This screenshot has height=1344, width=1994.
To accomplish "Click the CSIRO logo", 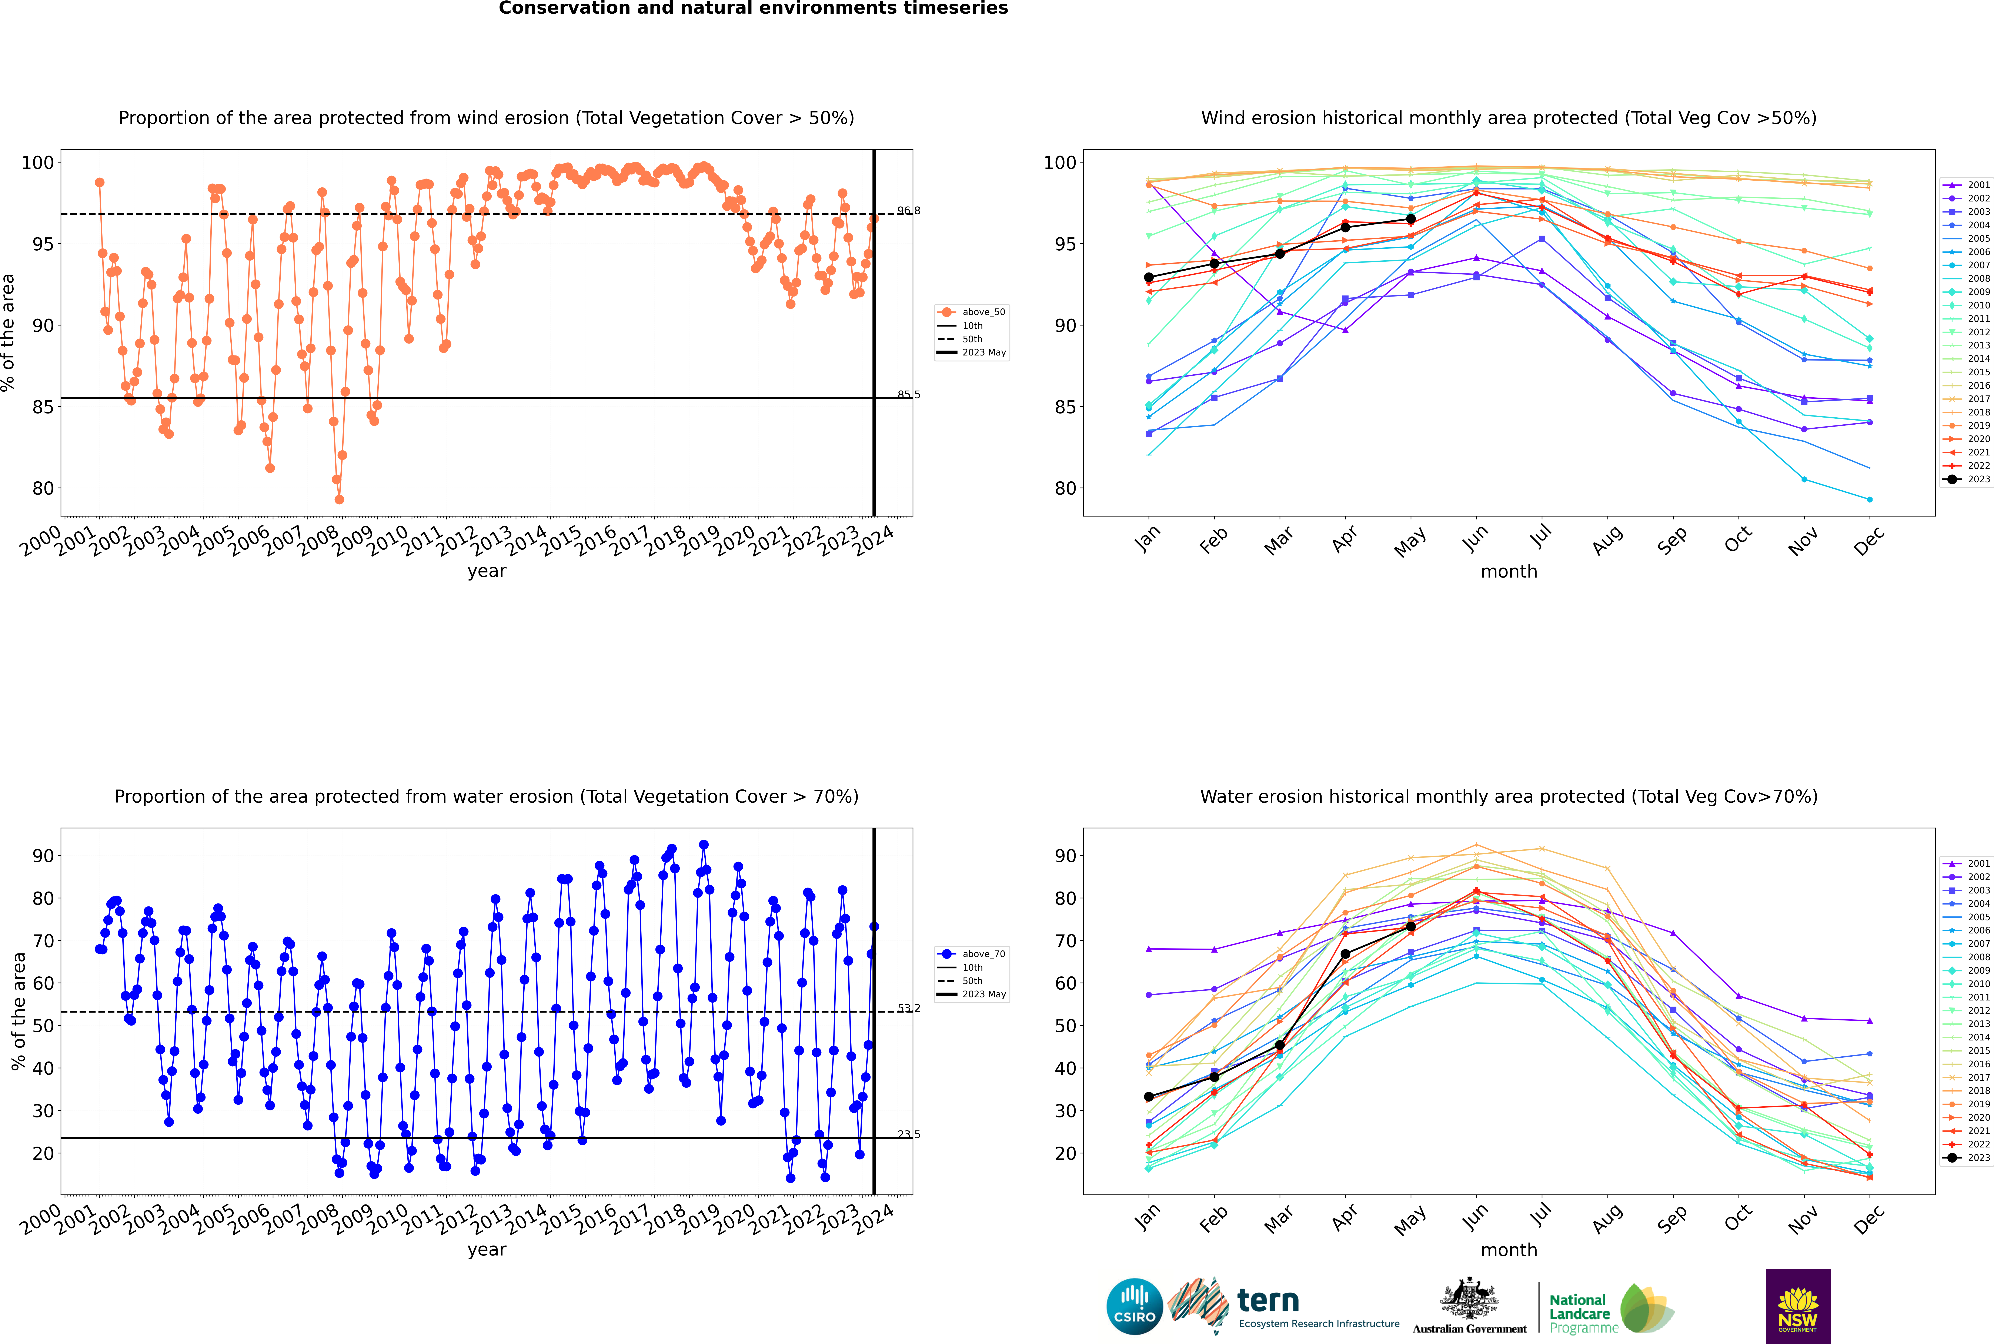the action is (1134, 1306).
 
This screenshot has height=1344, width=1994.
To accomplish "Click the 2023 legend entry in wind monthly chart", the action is (1967, 479).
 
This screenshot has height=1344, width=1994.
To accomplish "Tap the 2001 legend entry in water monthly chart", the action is (1967, 863).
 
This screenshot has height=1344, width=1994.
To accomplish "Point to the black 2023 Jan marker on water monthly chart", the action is (1149, 1097).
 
